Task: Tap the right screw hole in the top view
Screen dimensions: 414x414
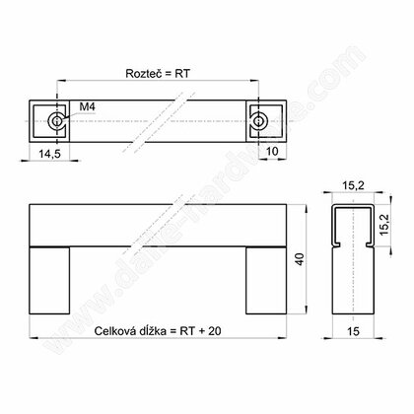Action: [x=258, y=121]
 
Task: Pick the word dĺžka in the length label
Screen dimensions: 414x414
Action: [x=162, y=333]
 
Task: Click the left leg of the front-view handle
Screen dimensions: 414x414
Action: [x=51, y=279]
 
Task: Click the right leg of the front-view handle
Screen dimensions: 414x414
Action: [x=265, y=279]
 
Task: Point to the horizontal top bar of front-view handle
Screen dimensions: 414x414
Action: [x=158, y=226]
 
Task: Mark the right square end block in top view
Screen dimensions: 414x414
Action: [x=268, y=121]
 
